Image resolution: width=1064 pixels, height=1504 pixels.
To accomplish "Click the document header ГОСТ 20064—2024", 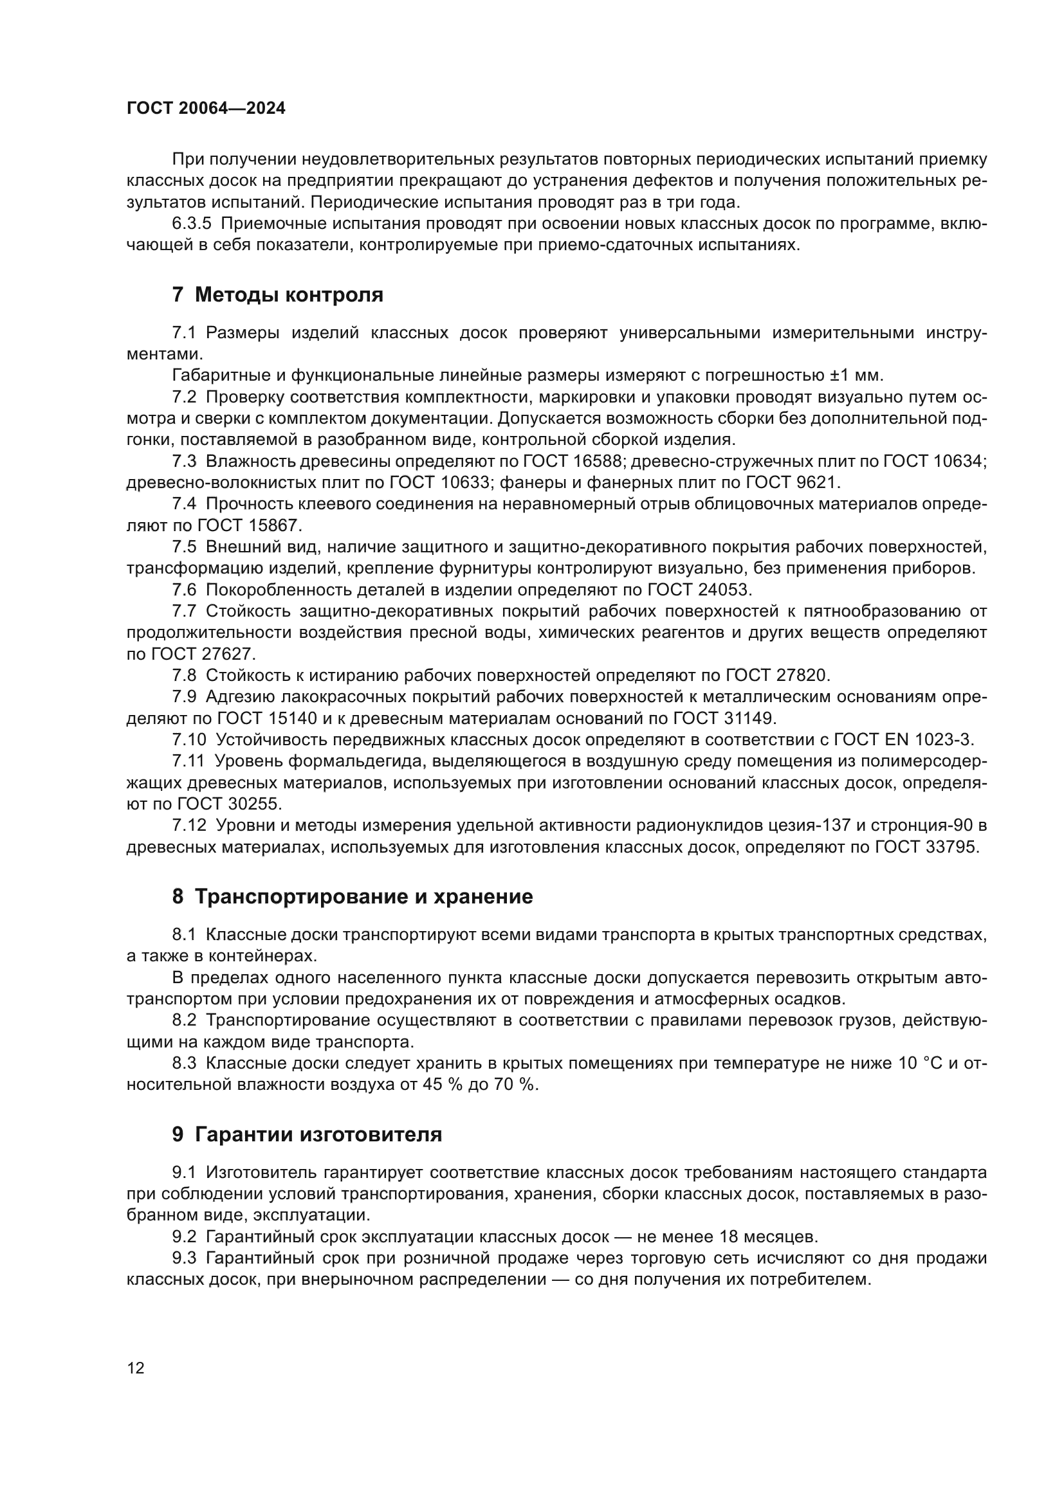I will click(206, 109).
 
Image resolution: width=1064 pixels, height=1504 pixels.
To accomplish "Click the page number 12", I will click(136, 1368).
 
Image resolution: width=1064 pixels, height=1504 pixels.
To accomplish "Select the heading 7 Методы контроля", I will click(277, 294).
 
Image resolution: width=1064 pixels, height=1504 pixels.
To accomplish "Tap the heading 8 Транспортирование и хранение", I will click(352, 897).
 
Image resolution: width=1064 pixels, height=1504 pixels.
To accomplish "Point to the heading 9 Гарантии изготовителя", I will click(307, 1134).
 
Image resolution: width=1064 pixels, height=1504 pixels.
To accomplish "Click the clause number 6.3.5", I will click(191, 223).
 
